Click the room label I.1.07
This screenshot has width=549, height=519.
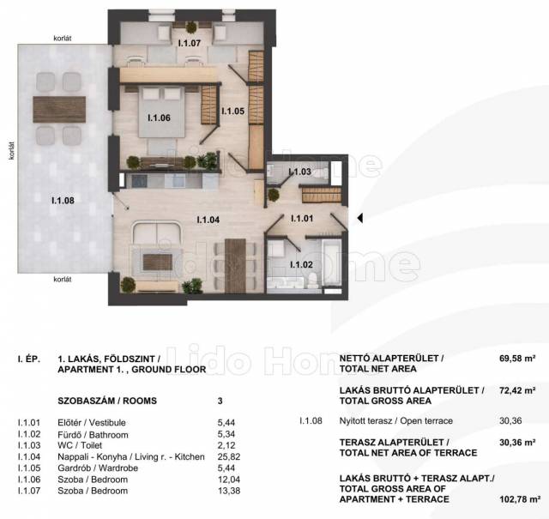(189, 43)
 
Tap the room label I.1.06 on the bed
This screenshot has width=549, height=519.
(159, 118)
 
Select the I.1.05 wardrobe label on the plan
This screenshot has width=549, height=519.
(232, 111)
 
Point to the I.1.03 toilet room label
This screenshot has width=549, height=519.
(299, 172)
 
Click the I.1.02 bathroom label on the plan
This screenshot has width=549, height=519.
(301, 265)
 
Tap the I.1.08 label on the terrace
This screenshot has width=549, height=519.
(63, 201)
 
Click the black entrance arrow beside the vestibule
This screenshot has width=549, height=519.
(359, 218)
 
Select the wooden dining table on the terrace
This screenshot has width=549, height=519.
(59, 109)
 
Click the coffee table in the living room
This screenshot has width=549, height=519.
(158, 263)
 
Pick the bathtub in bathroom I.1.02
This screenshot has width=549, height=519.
(331, 262)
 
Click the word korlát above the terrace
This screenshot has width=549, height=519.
(63, 38)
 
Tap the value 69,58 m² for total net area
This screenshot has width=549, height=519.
(517, 359)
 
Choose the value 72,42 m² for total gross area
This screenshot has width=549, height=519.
(517, 390)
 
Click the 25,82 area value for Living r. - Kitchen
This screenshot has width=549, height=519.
(229, 456)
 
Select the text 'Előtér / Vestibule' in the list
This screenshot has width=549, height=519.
(92, 423)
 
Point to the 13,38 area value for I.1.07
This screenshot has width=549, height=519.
(229, 491)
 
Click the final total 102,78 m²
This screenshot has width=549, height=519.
(520, 499)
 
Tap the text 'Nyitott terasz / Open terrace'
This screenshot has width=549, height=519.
(396, 420)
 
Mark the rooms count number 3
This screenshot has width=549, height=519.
(220, 401)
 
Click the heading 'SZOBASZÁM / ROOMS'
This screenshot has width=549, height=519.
(107, 401)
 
